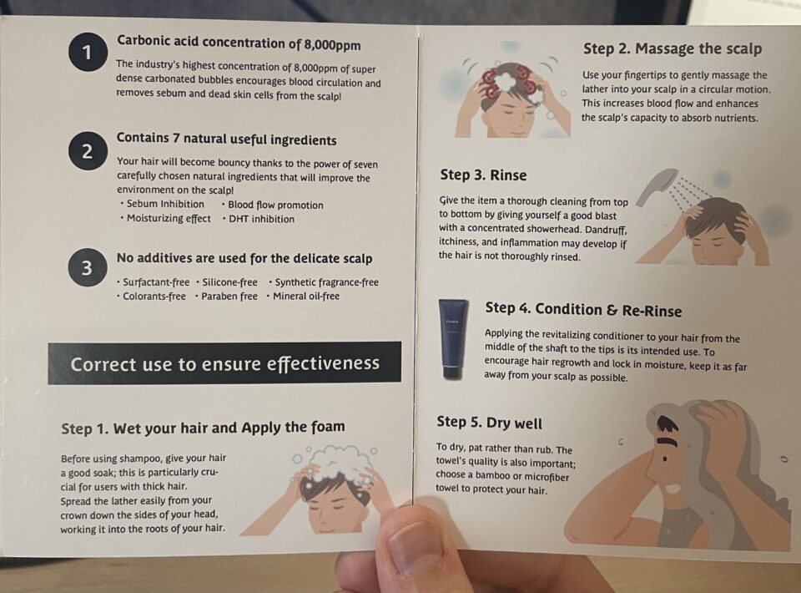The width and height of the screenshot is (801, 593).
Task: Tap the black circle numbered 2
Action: (x=88, y=151)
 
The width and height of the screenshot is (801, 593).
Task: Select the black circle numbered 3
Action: (x=88, y=268)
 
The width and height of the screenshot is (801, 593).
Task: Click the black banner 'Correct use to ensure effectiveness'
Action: (x=224, y=363)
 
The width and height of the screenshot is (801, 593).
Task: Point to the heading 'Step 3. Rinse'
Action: (x=483, y=175)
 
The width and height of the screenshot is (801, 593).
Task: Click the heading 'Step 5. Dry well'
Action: (x=489, y=423)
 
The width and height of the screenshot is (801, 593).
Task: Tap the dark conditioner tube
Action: (x=454, y=339)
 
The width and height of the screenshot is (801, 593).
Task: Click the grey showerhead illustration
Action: (x=654, y=185)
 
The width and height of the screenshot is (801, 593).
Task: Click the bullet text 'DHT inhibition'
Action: (x=261, y=219)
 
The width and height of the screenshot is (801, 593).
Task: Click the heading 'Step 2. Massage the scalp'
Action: (x=673, y=49)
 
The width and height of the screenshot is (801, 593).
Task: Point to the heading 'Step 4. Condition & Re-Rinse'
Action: (x=583, y=311)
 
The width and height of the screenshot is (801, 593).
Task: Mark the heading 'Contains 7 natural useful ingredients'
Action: (x=226, y=139)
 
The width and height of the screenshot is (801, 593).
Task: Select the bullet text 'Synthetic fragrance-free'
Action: (x=326, y=282)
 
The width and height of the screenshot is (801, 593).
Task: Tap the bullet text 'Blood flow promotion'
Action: (x=275, y=205)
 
